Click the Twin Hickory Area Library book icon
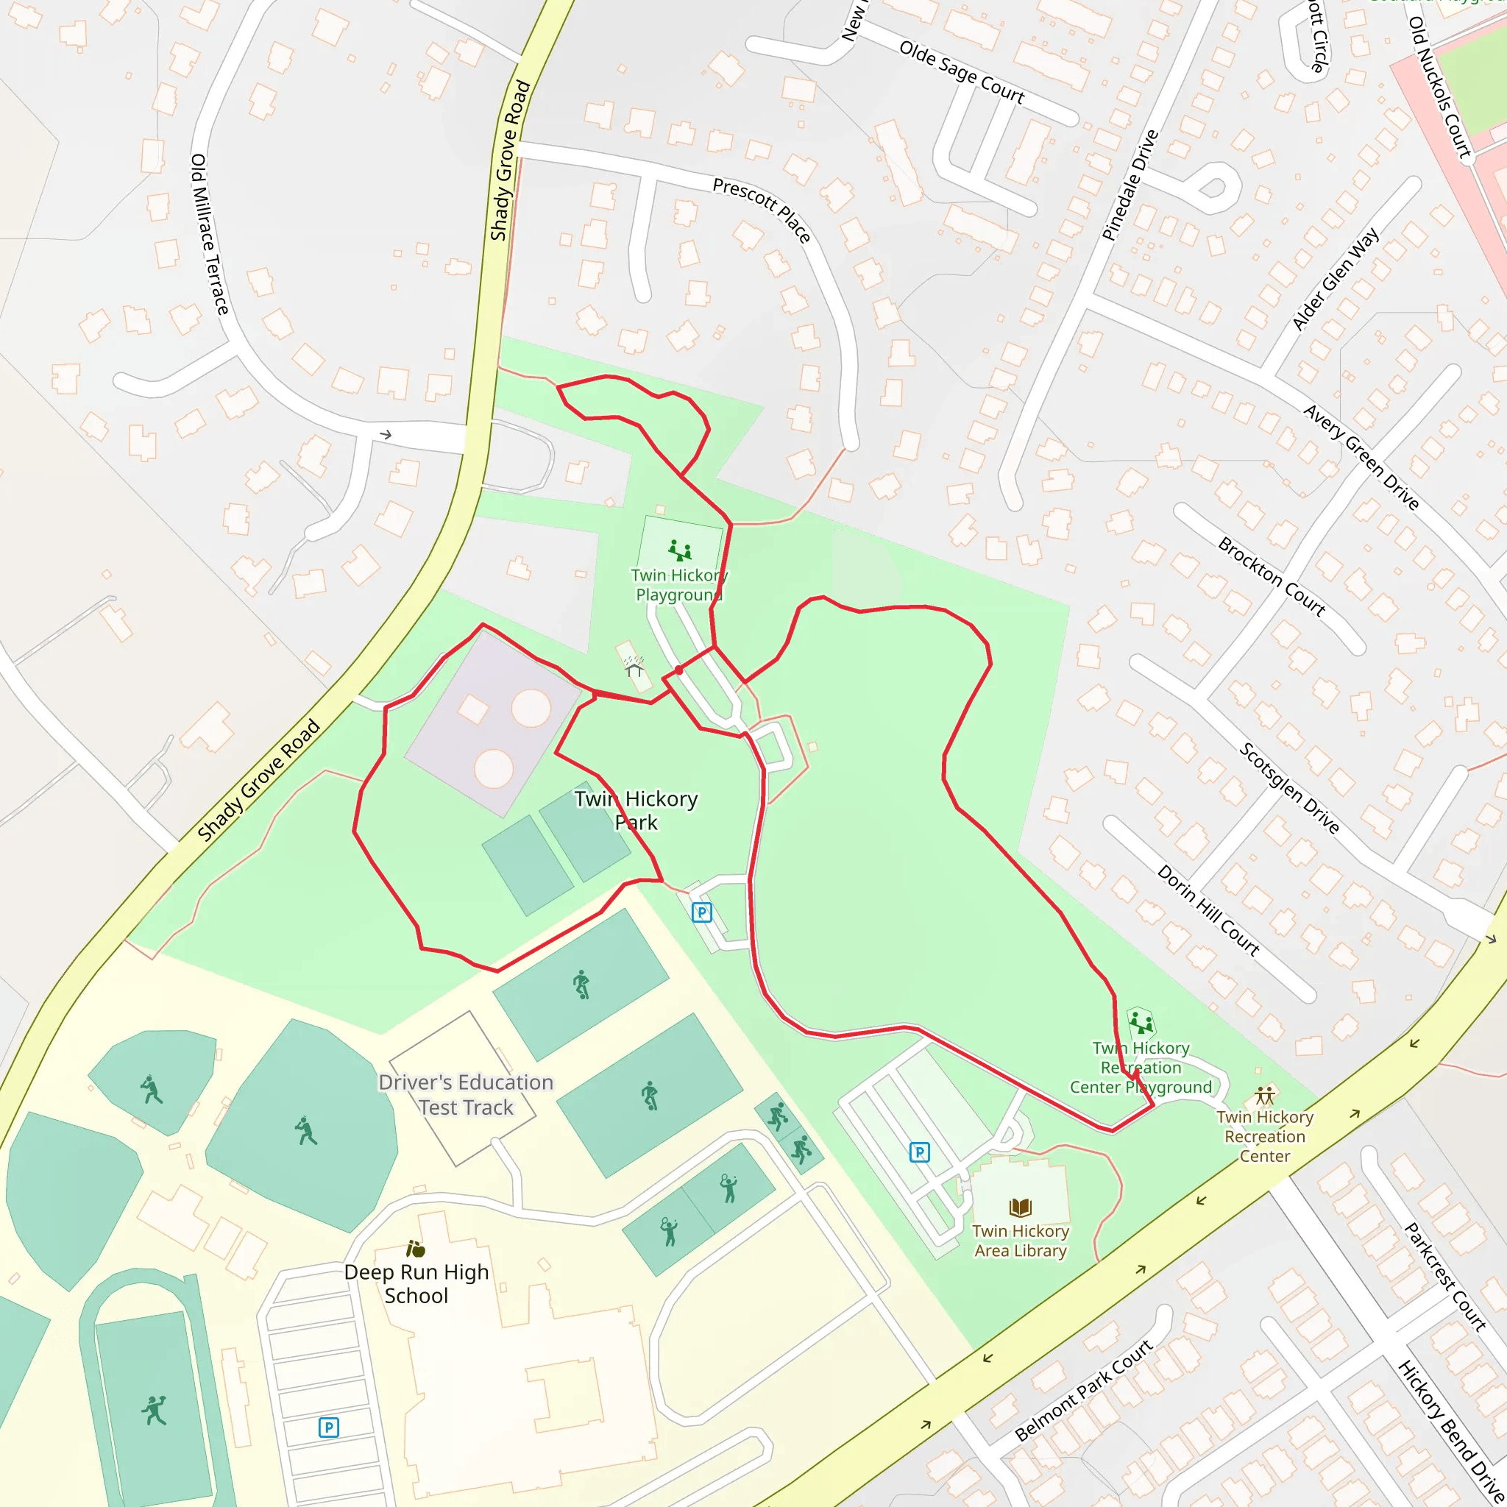click(1021, 1208)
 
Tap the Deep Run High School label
click(416, 1283)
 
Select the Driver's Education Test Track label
click(466, 1094)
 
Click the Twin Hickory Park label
click(636, 809)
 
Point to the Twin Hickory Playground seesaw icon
click(680, 551)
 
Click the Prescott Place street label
click(762, 209)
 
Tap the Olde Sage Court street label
click(961, 73)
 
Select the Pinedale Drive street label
click(1130, 185)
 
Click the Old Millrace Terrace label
click(210, 234)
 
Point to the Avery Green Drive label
click(1361, 457)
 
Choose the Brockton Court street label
click(1272, 576)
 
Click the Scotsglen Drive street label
click(1289, 788)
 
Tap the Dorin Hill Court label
click(1208, 910)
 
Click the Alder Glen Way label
click(1335, 278)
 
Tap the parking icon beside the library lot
click(920, 1152)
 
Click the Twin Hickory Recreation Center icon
click(1264, 1095)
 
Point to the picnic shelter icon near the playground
click(634, 666)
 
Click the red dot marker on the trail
click(678, 670)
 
